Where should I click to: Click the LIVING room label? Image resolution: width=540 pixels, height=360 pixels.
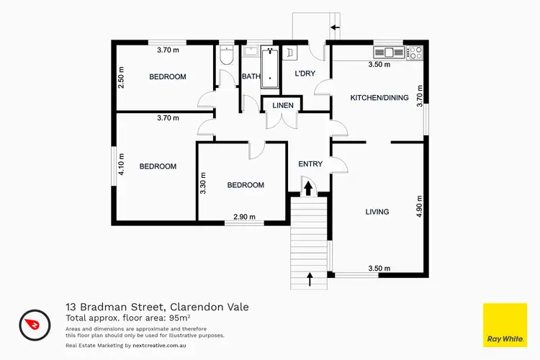(x=377, y=212)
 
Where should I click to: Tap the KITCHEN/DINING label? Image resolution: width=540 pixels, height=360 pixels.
(x=379, y=98)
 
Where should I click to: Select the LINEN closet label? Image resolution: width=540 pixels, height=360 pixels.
(x=282, y=106)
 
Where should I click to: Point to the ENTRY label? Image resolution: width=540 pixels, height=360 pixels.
(x=310, y=164)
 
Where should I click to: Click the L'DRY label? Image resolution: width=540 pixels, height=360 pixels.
(x=305, y=73)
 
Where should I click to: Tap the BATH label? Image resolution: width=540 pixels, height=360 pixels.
(x=251, y=76)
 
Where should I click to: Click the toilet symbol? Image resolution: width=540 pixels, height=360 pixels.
(x=226, y=58)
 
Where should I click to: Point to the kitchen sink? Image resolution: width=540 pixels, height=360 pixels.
(x=389, y=52)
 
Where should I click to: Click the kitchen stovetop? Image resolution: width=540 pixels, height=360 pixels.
(x=415, y=52)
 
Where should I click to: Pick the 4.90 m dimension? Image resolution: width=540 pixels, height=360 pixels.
(x=418, y=210)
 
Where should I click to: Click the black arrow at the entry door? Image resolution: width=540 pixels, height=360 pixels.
(x=309, y=188)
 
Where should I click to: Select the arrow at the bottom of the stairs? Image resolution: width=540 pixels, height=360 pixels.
(x=310, y=278)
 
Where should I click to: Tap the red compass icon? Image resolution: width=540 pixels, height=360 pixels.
(x=33, y=323)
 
